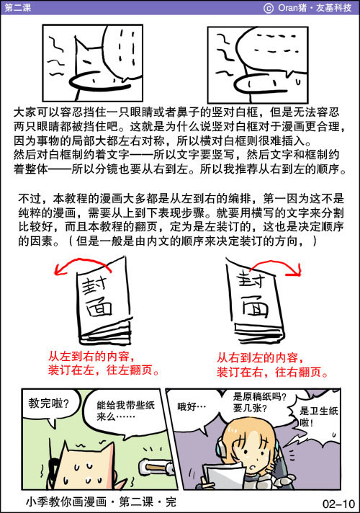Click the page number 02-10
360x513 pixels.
pos(338,504)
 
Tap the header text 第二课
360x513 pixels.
pos(18,7)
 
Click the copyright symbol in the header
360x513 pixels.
pos(269,8)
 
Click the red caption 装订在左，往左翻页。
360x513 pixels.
pos(104,370)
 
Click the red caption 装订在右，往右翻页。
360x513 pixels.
pos(273,372)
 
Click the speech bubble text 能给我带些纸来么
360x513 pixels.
pos(125,411)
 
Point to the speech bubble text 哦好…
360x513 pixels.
pos(192,407)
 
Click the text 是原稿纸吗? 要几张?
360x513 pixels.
pos(260,403)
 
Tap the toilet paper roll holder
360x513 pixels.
pos(156,467)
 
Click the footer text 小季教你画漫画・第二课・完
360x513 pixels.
pos(101,502)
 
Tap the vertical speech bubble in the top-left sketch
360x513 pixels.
pos(122,53)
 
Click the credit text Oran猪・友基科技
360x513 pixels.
pos(315,7)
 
